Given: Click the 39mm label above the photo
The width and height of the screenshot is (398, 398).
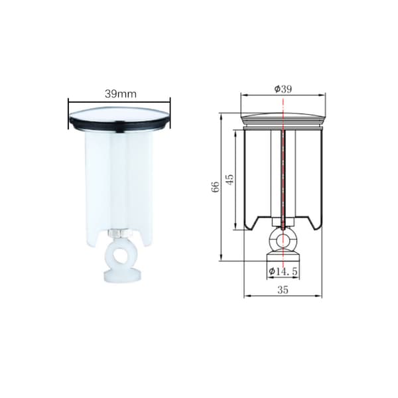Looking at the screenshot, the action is click(x=121, y=94).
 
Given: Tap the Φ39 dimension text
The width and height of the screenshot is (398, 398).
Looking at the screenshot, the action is click(x=283, y=89).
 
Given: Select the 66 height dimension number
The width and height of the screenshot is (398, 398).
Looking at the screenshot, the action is click(x=216, y=187).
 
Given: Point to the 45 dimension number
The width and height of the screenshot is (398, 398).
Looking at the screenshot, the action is click(x=230, y=180).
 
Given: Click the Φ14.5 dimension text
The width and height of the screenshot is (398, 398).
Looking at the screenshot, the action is click(x=283, y=271).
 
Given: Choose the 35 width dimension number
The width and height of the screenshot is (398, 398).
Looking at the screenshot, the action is click(x=283, y=290).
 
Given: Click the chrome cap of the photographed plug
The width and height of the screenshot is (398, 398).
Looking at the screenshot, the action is click(x=119, y=115).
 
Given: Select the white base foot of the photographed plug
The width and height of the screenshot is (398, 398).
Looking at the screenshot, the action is click(x=122, y=276).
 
